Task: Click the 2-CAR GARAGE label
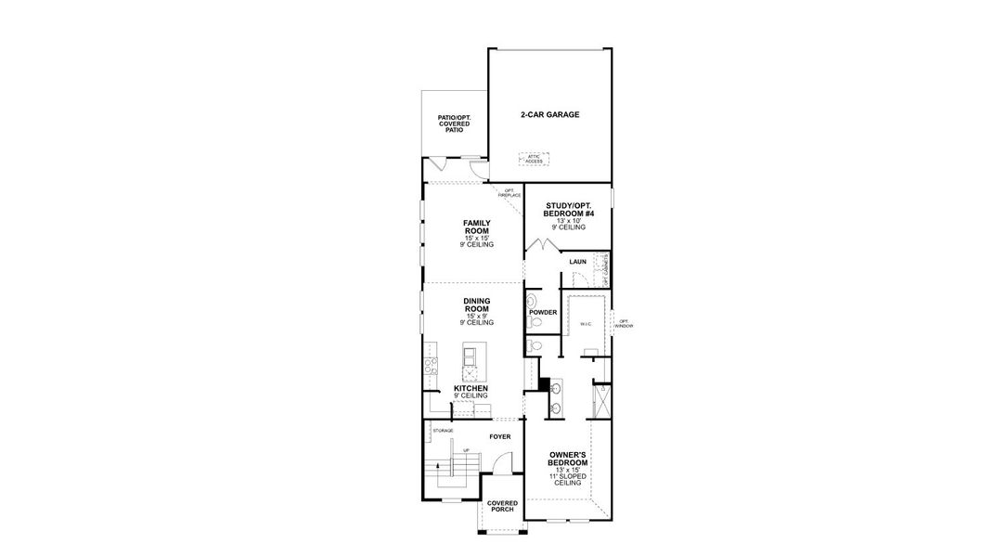[549, 115]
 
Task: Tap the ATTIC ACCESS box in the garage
[534, 159]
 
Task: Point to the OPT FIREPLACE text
[509, 193]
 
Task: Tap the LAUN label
[577, 263]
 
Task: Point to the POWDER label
[543, 312]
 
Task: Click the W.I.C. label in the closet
[586, 324]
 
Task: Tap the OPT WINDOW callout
[624, 324]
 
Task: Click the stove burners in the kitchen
[431, 366]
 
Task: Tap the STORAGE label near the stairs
[443, 431]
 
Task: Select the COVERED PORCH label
[502, 507]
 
